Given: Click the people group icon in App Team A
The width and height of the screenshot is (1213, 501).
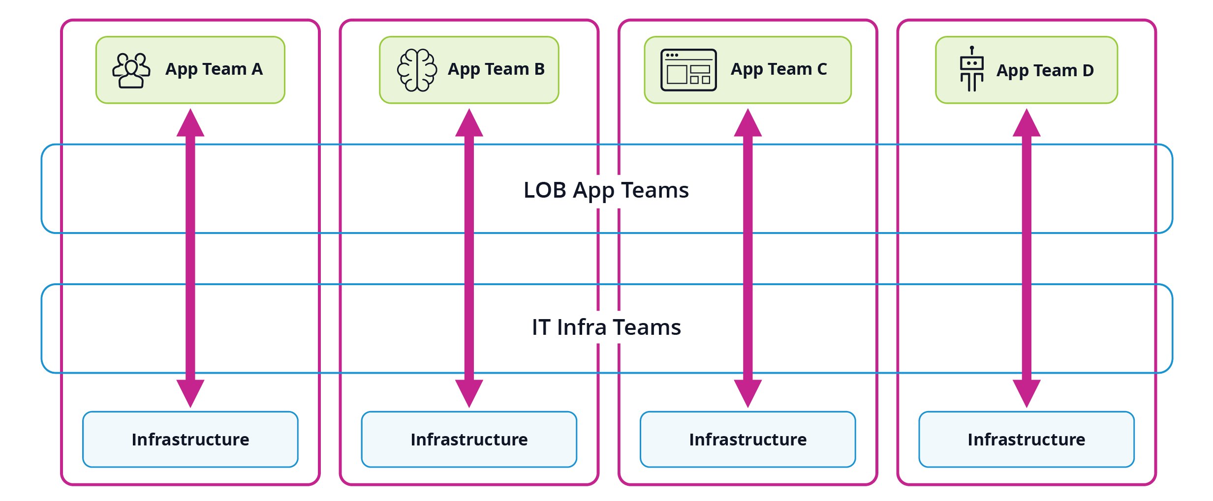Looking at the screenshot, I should [x=131, y=70].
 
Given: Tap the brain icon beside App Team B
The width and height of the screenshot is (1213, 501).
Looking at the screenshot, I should [x=417, y=70].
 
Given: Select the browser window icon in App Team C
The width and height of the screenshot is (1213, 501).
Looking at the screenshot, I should [x=688, y=70].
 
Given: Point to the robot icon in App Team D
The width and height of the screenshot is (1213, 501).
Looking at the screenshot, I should [x=971, y=69].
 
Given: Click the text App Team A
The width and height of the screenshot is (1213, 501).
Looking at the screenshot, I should [x=214, y=69].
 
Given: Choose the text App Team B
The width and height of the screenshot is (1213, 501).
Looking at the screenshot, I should [x=496, y=69].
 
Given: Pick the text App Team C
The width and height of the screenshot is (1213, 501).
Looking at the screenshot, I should [x=778, y=69].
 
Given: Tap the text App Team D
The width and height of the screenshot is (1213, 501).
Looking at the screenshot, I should [x=1045, y=71].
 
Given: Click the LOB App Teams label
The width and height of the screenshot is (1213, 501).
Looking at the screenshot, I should [x=606, y=190].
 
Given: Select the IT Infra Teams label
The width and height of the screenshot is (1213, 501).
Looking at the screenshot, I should [x=606, y=327].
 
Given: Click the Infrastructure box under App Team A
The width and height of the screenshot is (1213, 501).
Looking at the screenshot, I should [x=190, y=439].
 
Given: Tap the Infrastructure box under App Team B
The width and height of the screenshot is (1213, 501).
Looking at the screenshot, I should [x=469, y=439].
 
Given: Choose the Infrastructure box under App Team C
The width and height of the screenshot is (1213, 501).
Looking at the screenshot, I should [x=747, y=439].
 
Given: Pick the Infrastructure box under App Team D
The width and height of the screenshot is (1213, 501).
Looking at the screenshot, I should [x=1026, y=439].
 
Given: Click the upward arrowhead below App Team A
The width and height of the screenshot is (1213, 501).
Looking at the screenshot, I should [x=190, y=124].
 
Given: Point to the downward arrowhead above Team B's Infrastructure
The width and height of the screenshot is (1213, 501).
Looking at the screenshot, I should [x=469, y=392].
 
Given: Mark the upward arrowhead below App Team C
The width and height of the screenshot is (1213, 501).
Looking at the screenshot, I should [x=747, y=124].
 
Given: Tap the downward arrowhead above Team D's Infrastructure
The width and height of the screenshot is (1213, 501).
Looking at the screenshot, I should [x=1026, y=392].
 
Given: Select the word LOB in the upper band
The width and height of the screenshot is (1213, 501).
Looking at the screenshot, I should [x=545, y=190].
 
